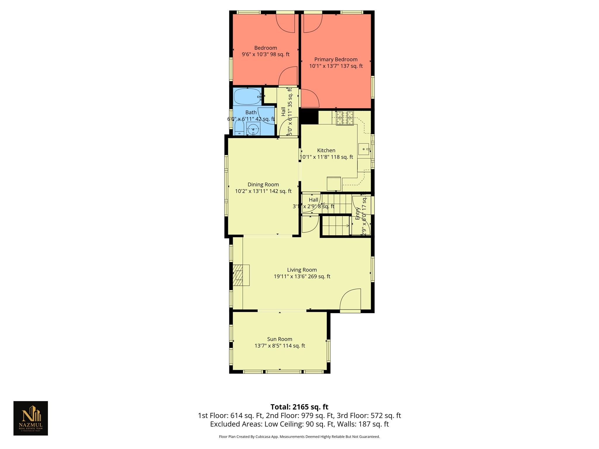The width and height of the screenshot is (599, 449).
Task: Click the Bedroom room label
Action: [265, 48]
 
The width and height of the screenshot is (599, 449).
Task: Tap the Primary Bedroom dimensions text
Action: [336, 66]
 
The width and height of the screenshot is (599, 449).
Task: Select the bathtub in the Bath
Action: [247, 97]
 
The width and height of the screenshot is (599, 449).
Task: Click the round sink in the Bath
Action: [253, 129]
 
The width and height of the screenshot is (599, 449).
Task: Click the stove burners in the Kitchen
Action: [345, 118]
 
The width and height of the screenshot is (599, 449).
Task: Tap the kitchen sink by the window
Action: [364, 149]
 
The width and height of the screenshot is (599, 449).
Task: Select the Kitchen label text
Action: [326, 150]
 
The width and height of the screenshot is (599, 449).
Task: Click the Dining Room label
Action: [263, 184]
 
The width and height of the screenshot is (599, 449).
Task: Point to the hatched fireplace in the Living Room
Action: [239, 275]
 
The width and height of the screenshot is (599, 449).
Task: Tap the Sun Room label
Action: [280, 339]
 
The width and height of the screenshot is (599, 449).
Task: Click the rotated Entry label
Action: [357, 213]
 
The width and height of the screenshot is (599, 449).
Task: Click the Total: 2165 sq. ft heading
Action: [299, 407]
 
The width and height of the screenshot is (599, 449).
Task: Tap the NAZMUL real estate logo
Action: [31, 418]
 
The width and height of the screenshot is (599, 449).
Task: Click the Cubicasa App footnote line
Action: [299, 437]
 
